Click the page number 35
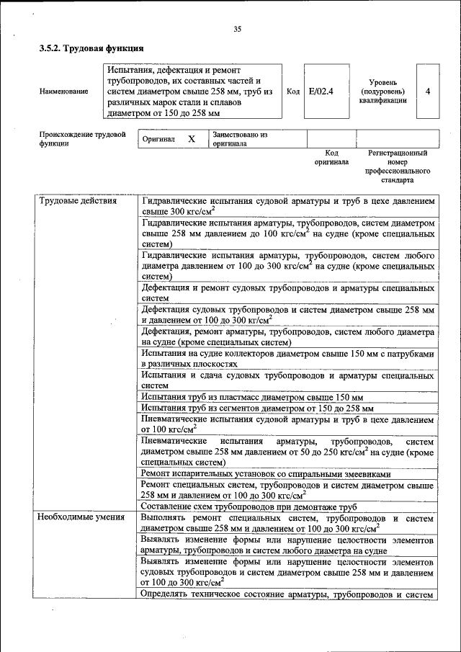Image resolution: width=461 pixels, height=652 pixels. [237, 29]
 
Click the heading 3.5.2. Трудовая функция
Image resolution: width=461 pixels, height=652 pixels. [91, 49]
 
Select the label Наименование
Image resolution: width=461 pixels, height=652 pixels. [65, 91]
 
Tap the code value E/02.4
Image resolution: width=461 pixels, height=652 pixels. [320, 91]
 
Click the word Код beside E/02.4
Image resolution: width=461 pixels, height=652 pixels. [293, 91]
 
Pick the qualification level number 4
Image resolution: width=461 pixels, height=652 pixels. [428, 91]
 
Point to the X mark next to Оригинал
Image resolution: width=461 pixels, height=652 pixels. [192, 138]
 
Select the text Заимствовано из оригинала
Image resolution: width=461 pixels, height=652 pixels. [240, 138]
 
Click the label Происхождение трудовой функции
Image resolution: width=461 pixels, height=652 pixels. [83, 138]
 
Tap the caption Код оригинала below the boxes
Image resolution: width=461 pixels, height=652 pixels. [331, 158]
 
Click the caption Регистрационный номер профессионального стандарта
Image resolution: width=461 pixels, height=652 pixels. [398, 167]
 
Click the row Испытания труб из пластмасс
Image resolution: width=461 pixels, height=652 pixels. [252, 397]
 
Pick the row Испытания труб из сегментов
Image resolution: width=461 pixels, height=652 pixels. [256, 408]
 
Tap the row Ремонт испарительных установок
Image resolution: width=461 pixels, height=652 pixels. [266, 474]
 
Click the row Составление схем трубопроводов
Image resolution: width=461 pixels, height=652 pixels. [249, 506]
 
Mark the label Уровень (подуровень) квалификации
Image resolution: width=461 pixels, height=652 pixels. [382, 91]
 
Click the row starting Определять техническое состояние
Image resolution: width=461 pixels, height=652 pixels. [287, 594]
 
